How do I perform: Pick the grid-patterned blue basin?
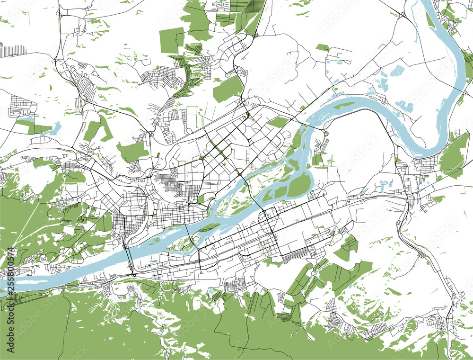pyautogui.click(x=396, y=71)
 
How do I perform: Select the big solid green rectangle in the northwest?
pyautogui.click(x=171, y=40)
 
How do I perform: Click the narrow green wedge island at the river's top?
pyautogui.click(x=430, y=19)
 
